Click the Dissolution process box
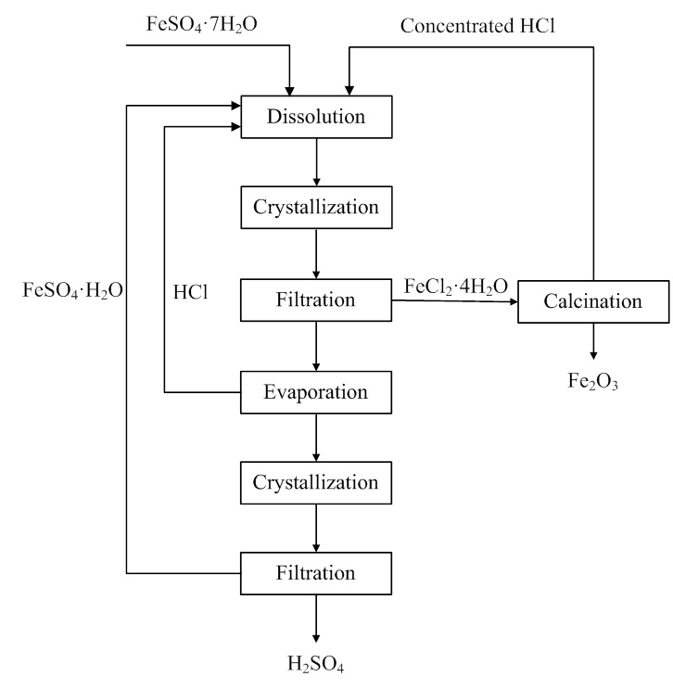click(316, 117)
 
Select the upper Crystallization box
click(316, 207)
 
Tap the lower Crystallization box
click(316, 483)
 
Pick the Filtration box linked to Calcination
click(316, 300)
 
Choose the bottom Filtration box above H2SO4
click(316, 573)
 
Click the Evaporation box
click(316, 392)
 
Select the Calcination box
click(592, 301)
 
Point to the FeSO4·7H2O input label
click(201, 24)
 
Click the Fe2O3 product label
click(592, 380)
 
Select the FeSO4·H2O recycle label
click(73, 290)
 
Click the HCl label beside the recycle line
click(190, 291)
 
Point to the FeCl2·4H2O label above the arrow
click(455, 287)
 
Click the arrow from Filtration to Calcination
click(454, 301)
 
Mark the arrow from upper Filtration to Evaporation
click(317, 346)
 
